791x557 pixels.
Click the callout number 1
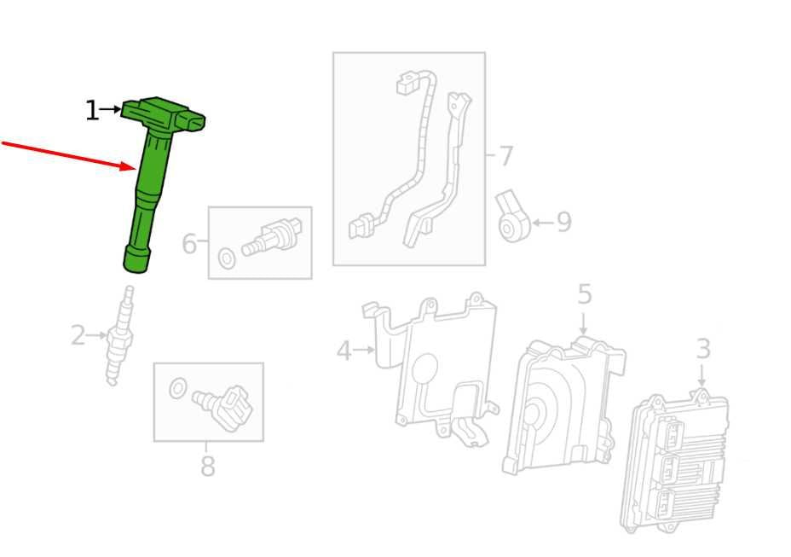[92, 110]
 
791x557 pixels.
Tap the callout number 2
[78, 335]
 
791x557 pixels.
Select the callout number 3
[703, 349]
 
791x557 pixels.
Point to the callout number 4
[344, 351]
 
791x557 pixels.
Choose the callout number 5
[584, 294]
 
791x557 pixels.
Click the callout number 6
[188, 243]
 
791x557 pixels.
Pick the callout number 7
[506, 156]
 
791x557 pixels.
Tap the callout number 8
[208, 466]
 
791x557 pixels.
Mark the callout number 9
[564, 222]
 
